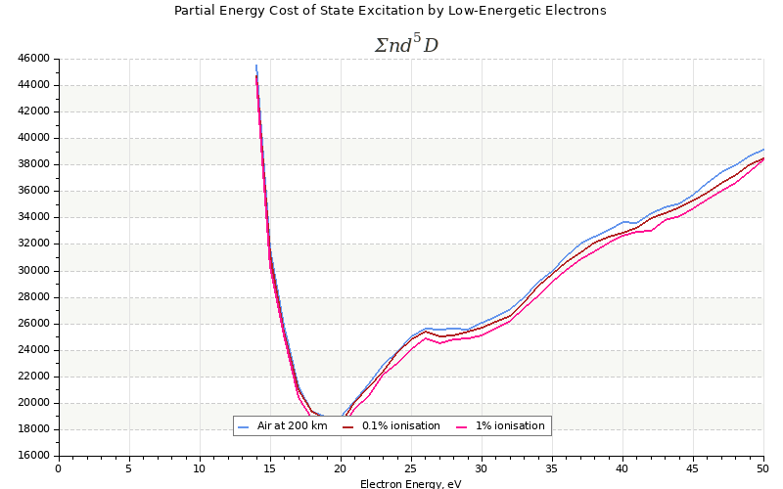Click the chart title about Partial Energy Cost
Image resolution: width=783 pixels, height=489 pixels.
pos(390,11)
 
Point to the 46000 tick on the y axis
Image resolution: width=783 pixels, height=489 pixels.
pos(33,59)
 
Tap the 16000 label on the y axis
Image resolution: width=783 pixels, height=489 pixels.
pos(33,456)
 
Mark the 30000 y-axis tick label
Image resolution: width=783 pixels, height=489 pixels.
pos(33,271)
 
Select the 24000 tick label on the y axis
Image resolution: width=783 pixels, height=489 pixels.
pos(33,350)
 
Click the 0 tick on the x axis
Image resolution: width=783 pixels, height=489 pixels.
pos(59,468)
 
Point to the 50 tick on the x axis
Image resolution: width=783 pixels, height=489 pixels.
pos(763,468)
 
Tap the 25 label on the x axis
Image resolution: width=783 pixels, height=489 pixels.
pos(411,468)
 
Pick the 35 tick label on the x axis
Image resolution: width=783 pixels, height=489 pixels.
pos(552,468)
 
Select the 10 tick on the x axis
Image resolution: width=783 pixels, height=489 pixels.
pos(200,468)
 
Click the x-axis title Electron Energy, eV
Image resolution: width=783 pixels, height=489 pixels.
pos(410,483)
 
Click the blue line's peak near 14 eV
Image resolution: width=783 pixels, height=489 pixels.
pos(256,66)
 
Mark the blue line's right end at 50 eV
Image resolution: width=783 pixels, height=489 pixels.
pos(763,150)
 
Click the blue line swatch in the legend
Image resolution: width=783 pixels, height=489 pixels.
pos(244,426)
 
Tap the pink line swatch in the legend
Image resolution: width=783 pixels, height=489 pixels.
pos(462,426)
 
